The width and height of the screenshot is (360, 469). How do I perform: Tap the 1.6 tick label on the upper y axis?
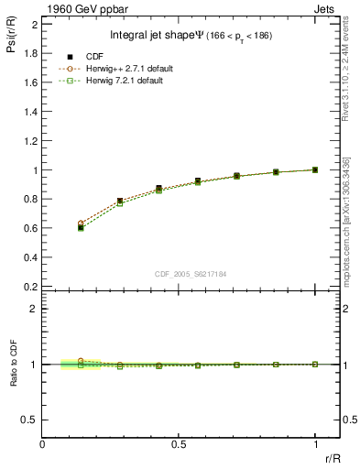pos(31,82)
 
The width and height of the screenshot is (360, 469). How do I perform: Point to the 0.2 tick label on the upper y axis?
pos(31,287)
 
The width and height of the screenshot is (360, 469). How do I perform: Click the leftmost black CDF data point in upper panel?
pos(81,227)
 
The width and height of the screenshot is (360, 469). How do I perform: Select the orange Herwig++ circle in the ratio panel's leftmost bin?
pos(81,361)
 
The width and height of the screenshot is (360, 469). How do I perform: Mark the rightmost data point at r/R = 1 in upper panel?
pos(315,169)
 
